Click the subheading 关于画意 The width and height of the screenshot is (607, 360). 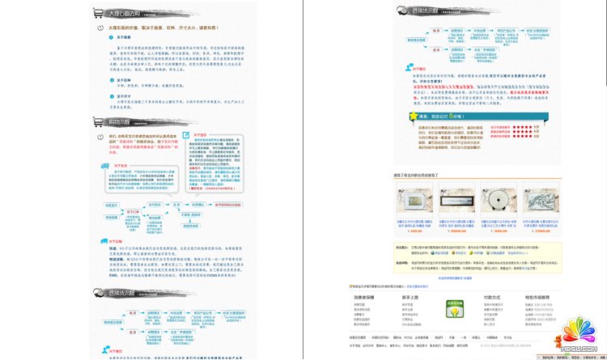click(x=124, y=36)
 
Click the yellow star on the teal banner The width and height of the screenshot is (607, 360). click(x=414, y=116)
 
